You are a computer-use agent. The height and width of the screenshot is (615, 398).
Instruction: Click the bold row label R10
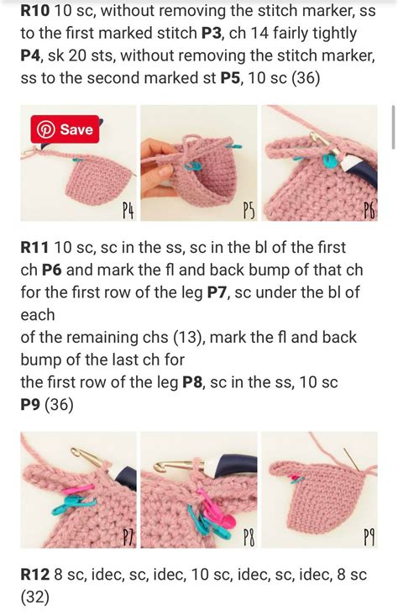36,11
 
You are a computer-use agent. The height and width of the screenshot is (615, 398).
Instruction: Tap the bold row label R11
35,248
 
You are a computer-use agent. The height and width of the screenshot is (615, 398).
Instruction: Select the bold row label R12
36,575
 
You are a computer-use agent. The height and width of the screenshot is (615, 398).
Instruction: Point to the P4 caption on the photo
128,210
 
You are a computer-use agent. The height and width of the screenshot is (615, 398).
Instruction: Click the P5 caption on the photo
249,210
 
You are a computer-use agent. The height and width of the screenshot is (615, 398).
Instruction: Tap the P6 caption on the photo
369,210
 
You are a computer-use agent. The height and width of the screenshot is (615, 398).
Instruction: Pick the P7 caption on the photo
128,537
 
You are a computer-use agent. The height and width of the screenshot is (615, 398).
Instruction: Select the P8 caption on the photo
249,537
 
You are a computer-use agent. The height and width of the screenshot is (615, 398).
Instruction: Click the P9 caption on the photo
369,537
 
